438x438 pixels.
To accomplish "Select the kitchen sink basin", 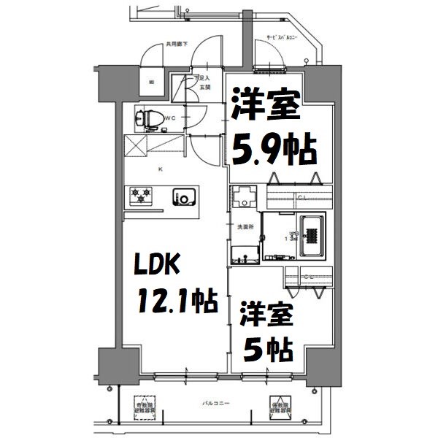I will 183,196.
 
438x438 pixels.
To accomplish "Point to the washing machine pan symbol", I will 244,196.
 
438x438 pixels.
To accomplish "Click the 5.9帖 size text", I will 274,150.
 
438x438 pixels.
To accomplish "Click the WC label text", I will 168,117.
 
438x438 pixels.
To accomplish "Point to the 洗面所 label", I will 245,226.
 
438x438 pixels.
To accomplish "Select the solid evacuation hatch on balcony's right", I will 279,406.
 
